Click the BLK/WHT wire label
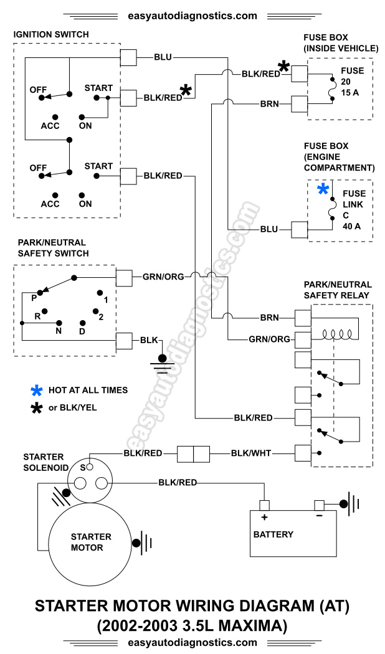251,453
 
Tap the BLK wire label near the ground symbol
149,340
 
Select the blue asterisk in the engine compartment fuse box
323,190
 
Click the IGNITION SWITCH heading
51,34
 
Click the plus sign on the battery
264,518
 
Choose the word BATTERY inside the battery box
273,534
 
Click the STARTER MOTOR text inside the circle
91,542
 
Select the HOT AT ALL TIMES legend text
88,390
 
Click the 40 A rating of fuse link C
351,226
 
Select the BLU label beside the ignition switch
163,57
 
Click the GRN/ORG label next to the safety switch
164,276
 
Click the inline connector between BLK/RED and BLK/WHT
194,453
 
